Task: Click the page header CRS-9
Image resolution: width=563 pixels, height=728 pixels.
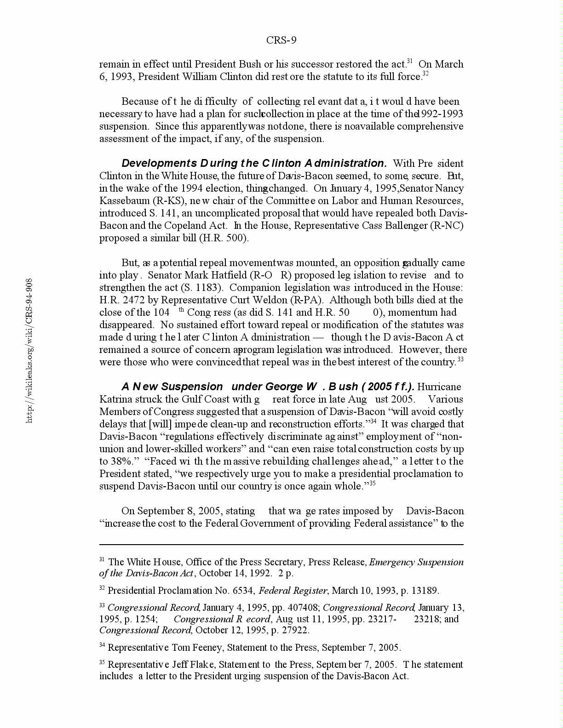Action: click(281, 40)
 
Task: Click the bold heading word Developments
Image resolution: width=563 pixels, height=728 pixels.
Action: click(159, 164)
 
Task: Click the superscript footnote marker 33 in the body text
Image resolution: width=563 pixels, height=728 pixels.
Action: click(460, 360)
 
